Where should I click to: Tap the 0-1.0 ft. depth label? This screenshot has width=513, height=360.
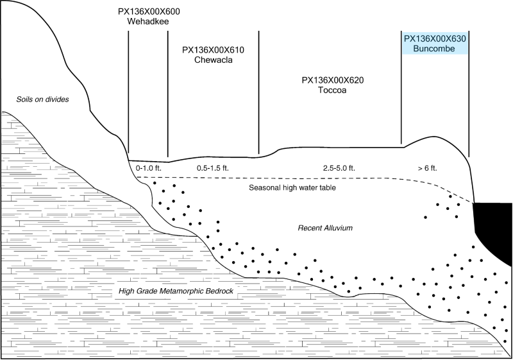tap(148, 168)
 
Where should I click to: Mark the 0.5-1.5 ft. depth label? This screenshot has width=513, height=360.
tap(212, 168)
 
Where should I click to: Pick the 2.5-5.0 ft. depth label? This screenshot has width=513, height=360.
tap(339, 168)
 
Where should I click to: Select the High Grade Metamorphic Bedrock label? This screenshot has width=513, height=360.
tap(176, 292)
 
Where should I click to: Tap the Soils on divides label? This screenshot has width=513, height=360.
tap(43, 99)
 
